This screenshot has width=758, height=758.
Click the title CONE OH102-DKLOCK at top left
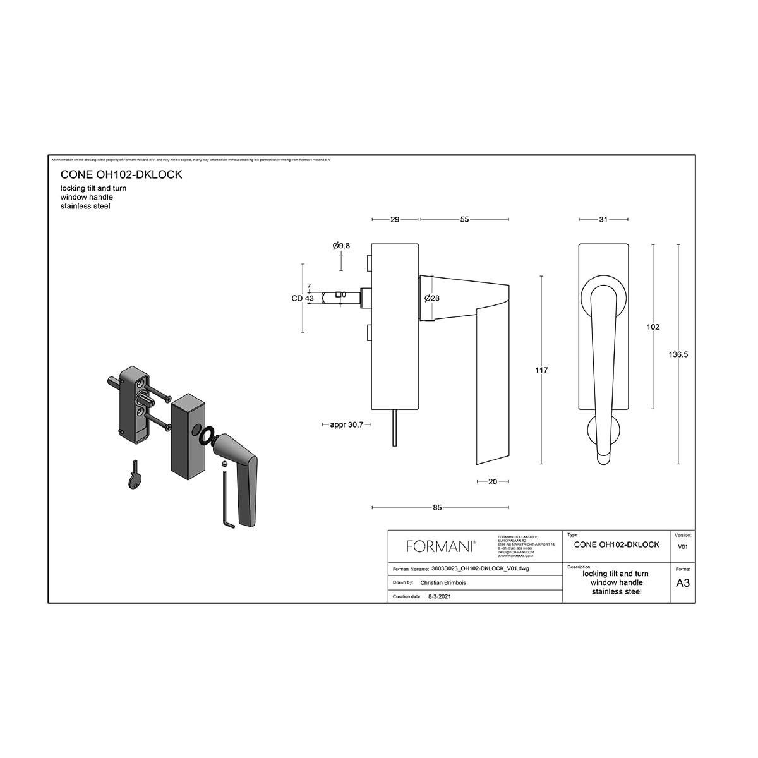point(121,174)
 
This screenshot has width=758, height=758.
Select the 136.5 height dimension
point(678,354)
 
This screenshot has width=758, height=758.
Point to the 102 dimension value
point(653,327)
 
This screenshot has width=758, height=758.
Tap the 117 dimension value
point(541,370)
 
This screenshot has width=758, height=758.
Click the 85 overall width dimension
point(438,507)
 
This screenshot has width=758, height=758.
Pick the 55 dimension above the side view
point(464,220)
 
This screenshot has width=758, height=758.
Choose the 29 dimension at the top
point(395,220)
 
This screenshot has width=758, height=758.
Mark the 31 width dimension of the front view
point(603,220)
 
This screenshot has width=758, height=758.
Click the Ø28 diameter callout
point(432,298)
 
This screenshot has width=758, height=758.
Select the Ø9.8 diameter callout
point(341,246)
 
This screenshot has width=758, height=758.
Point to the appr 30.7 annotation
point(346,425)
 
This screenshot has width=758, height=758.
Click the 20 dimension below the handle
point(493,482)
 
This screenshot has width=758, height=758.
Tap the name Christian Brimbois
point(443,583)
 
